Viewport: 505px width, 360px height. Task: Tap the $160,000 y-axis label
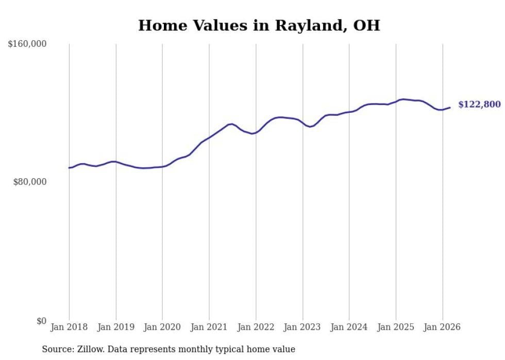27,44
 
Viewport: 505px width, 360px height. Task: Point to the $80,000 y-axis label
29,182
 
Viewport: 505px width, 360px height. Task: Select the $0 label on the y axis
41,321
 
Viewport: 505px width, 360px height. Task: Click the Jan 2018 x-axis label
69,327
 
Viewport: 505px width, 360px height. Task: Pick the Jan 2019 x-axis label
116,327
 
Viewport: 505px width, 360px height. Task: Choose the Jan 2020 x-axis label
162,327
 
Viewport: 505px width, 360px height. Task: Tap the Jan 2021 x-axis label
209,327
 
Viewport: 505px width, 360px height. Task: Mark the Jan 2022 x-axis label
256,327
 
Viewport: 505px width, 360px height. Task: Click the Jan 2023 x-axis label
302,327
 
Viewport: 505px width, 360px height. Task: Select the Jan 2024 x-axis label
349,327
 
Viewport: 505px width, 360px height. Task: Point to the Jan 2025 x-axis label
396,327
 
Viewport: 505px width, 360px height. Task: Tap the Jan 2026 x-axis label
443,327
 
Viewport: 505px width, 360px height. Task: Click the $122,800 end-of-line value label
479,105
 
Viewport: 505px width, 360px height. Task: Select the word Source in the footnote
56,349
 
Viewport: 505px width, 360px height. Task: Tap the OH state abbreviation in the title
366,26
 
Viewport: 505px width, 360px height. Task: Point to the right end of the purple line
450,108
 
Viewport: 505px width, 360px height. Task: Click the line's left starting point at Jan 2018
69,168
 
